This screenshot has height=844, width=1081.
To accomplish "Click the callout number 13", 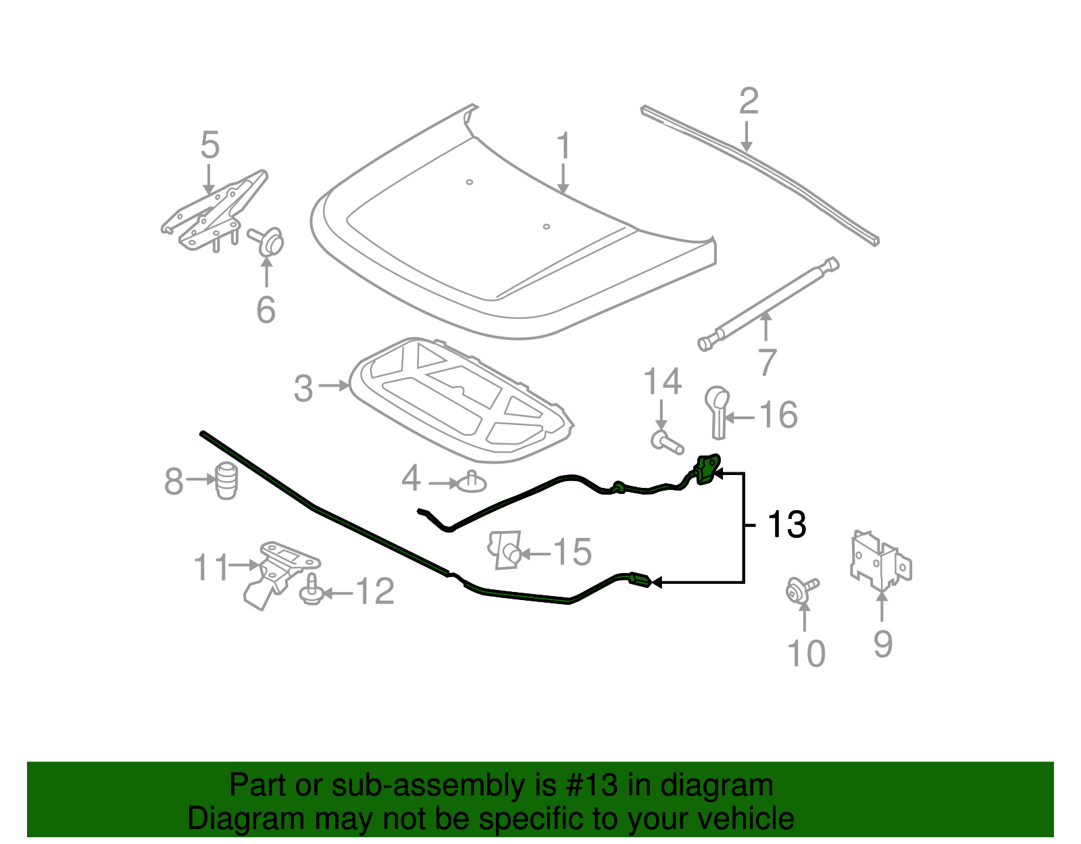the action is coord(786,524).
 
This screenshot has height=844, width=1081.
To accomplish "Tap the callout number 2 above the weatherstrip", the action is coord(749,101).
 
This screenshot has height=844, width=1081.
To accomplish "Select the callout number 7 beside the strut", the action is coord(767,362).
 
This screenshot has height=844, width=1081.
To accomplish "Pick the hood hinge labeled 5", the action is coord(214,212).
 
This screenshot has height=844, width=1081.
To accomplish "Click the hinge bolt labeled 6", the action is coord(267,241).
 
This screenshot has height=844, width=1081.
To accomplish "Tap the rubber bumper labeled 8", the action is coord(226,481).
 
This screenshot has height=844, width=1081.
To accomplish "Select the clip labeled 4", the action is coord(471,481).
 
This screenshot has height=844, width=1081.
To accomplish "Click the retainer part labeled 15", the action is coord(505,549).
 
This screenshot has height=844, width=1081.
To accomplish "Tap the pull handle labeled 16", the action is coord(718,412).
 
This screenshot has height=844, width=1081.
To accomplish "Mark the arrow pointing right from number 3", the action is coord(333,385).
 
